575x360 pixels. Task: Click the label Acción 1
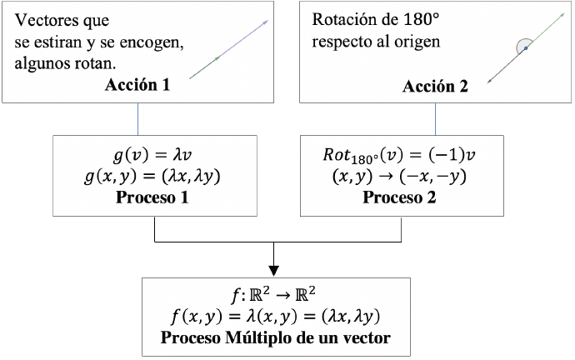pyautogui.click(x=137, y=85)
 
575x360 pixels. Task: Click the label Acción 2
pyautogui.click(x=435, y=87)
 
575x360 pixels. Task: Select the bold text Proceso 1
pyautogui.click(x=152, y=197)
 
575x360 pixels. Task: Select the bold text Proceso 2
pyautogui.click(x=399, y=197)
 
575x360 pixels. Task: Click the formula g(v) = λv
pyautogui.click(x=152, y=155)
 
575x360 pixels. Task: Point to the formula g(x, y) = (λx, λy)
pyautogui.click(x=152, y=177)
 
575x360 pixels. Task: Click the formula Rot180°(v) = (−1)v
pyautogui.click(x=399, y=155)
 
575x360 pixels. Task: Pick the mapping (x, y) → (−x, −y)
pyautogui.click(x=399, y=177)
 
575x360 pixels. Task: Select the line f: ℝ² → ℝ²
pyautogui.click(x=273, y=295)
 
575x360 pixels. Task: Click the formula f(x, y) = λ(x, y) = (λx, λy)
pyautogui.click(x=275, y=317)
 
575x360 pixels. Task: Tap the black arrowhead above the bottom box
pyautogui.click(x=273, y=271)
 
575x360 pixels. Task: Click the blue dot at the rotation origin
pyautogui.click(x=526, y=48)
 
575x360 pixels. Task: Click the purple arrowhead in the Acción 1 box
pyautogui.click(x=266, y=22)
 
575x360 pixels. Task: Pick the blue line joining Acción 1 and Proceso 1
pyautogui.click(x=137, y=119)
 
